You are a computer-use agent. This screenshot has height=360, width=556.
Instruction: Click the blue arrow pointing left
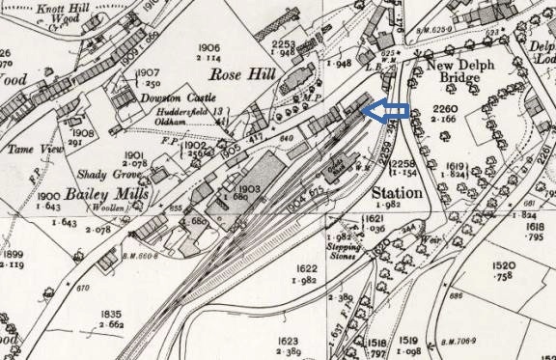pyautogui.click(x=384, y=112)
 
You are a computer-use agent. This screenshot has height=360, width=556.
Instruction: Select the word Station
pyautogui.click(x=397, y=193)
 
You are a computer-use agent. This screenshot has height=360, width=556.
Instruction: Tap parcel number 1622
pyautogui.click(x=305, y=269)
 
